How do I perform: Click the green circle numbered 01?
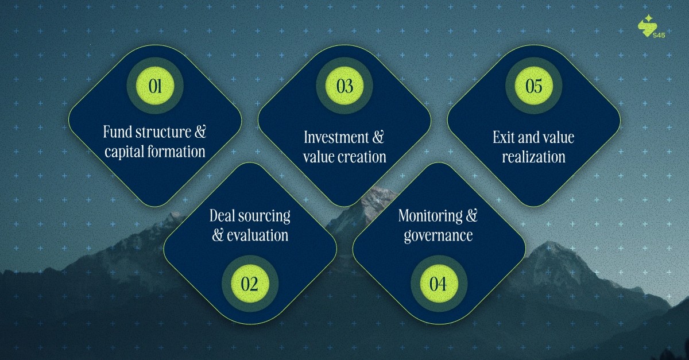[x=155, y=86]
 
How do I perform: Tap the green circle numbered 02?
[x=250, y=284]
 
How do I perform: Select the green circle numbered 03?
[x=344, y=86]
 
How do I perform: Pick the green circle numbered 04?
[x=439, y=284]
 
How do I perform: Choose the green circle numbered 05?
[x=533, y=86]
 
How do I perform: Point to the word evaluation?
[x=257, y=235]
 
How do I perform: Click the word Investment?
[x=336, y=137]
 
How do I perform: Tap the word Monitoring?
[x=431, y=216]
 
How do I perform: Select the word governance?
[x=438, y=235]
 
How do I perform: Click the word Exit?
[x=503, y=137]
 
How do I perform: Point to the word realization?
[x=533, y=157]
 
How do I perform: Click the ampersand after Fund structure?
[x=200, y=133]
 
